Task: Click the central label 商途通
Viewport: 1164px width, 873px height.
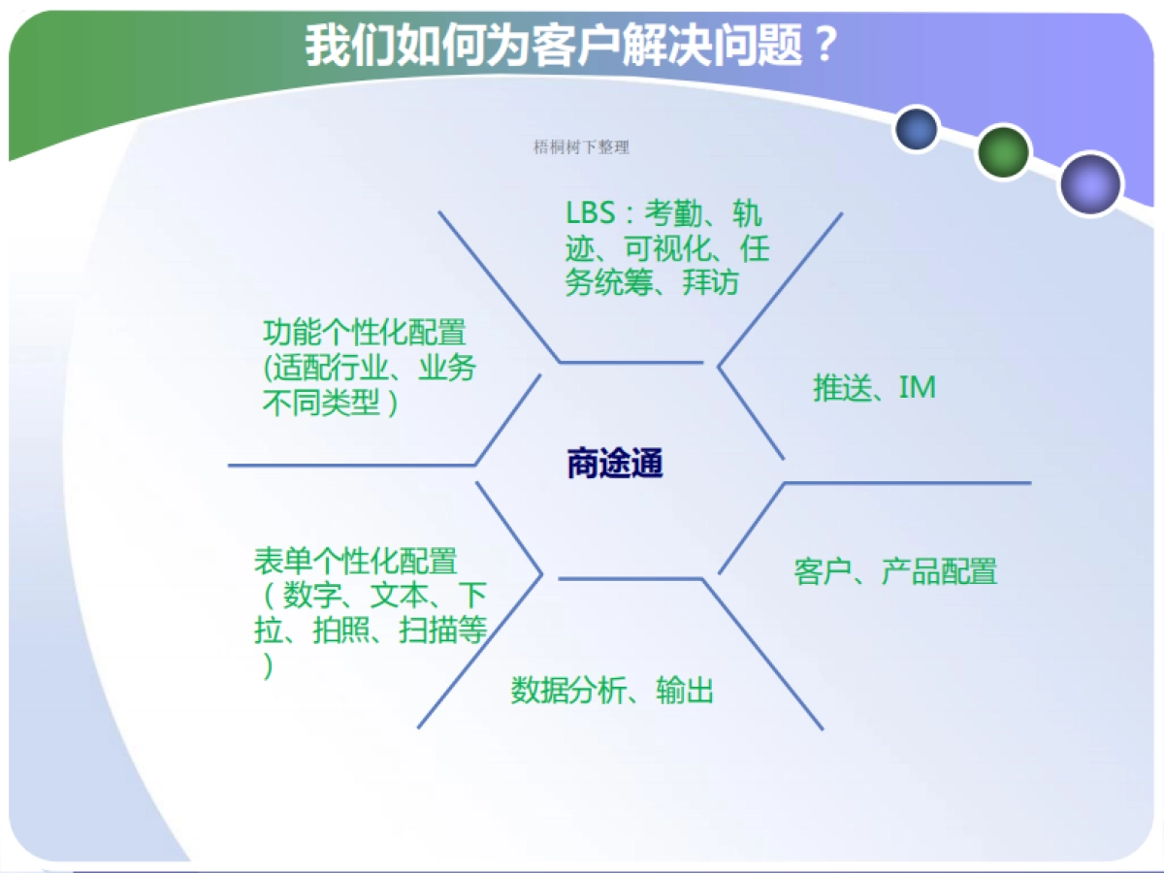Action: pyautogui.click(x=614, y=464)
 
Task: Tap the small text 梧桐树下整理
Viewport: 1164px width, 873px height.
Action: pyautogui.click(x=581, y=147)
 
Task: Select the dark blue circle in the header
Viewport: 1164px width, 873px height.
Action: pyautogui.click(x=917, y=129)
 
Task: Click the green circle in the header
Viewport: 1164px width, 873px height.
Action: pyautogui.click(x=1002, y=151)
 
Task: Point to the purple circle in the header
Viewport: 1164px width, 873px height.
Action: pyautogui.click(x=1090, y=183)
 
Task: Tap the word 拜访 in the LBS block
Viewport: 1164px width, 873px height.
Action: pyautogui.click(x=711, y=282)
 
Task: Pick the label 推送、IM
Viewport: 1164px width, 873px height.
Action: pyautogui.click(x=874, y=388)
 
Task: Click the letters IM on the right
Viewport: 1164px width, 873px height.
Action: pyautogui.click(x=917, y=388)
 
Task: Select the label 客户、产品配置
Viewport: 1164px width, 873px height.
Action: pyautogui.click(x=894, y=571)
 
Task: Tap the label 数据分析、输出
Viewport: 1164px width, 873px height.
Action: pyautogui.click(x=612, y=691)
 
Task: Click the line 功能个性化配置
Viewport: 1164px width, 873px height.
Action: pyautogui.click(x=364, y=333)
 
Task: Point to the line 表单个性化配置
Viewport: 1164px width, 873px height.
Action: pyautogui.click(x=355, y=561)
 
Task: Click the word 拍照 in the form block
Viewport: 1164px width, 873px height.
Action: pyautogui.click(x=340, y=630)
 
